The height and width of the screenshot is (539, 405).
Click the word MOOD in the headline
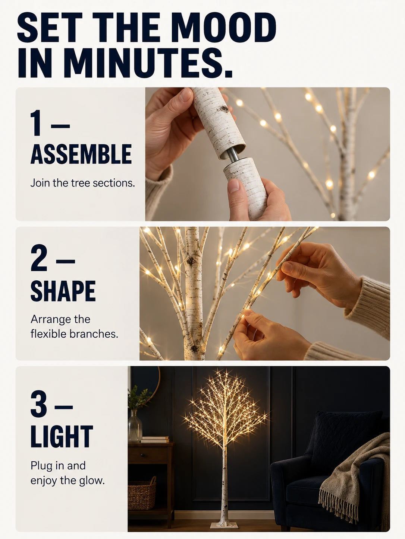[224, 27]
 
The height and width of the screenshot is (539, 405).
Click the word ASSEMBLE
[81, 154]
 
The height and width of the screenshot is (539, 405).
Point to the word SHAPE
[63, 291]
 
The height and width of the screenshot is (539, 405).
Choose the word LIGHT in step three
[62, 438]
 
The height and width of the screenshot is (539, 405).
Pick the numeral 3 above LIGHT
[39, 404]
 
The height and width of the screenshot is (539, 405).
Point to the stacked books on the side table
[155, 439]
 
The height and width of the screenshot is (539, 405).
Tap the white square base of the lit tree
[224, 525]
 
